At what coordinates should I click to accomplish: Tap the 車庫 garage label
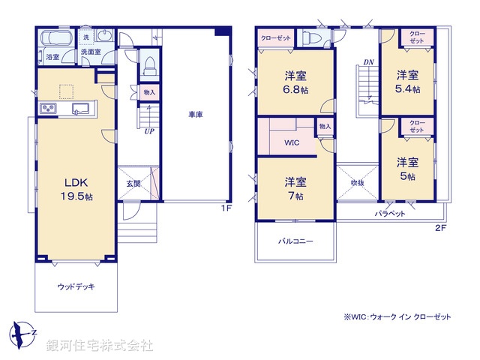click(196, 115)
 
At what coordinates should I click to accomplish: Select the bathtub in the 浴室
click(53, 38)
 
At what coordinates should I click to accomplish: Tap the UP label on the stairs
click(150, 130)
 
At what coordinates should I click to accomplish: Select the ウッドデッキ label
click(76, 286)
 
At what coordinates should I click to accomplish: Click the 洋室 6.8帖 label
click(295, 82)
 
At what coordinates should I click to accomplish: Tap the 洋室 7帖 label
click(294, 188)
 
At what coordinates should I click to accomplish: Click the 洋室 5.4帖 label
click(408, 82)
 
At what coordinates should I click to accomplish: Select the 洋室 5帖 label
click(407, 168)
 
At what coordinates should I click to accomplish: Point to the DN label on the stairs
click(368, 61)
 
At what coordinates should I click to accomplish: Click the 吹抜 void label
click(357, 182)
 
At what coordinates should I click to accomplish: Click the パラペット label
click(390, 213)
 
